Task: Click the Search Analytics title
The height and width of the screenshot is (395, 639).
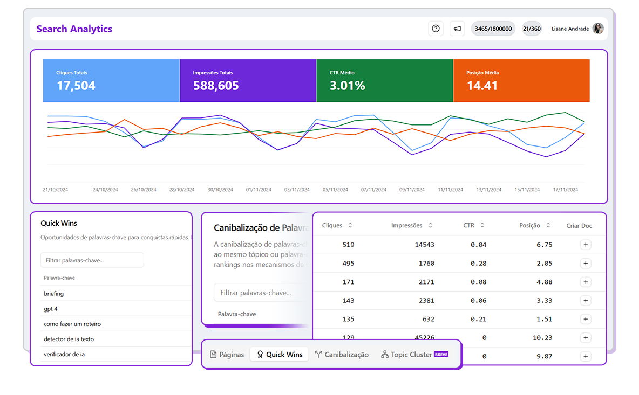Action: tap(74, 29)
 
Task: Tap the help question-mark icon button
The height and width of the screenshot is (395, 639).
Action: tap(436, 29)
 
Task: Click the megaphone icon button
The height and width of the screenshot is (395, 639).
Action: tap(457, 29)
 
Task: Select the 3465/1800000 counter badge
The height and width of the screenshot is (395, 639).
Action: tap(493, 29)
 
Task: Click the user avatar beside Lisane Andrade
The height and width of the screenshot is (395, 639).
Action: tap(597, 29)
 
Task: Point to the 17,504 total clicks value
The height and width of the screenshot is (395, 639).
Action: tap(76, 86)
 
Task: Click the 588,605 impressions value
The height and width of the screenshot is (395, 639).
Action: tap(216, 86)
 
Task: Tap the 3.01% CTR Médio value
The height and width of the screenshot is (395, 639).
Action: tap(348, 86)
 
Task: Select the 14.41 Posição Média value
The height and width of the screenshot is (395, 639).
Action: tap(482, 86)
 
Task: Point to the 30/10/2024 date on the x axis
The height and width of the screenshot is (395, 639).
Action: tap(220, 190)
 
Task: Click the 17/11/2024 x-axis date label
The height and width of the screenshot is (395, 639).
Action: tap(565, 190)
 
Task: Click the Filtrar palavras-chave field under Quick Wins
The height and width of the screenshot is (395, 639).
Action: tap(92, 260)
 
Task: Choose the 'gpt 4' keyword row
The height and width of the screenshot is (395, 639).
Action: tap(51, 309)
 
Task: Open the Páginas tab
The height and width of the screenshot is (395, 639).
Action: tap(227, 355)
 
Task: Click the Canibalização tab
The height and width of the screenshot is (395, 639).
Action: tap(342, 355)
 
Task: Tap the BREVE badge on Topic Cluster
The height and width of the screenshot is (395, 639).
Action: tap(441, 354)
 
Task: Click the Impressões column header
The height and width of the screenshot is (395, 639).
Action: tap(407, 225)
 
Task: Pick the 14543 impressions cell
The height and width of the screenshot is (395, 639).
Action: tap(424, 245)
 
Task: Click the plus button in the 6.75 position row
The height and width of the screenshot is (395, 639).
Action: tap(586, 245)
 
